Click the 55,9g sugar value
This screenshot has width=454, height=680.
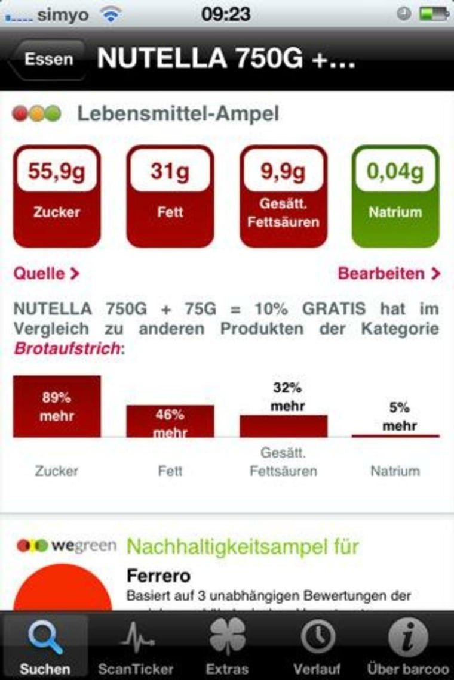coord(57,172)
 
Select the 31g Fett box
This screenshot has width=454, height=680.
coord(170,196)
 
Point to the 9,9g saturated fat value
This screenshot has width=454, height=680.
coord(284,172)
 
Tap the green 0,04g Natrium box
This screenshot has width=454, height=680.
coord(395,196)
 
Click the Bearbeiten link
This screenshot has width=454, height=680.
coord(389,274)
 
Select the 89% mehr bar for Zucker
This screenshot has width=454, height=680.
coord(57,406)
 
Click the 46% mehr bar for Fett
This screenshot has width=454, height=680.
coord(170,421)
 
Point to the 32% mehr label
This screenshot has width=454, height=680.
coord(287,397)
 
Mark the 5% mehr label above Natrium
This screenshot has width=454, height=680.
coord(400,416)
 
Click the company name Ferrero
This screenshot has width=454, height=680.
coord(158,576)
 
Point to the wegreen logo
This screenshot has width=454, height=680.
coord(66,545)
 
